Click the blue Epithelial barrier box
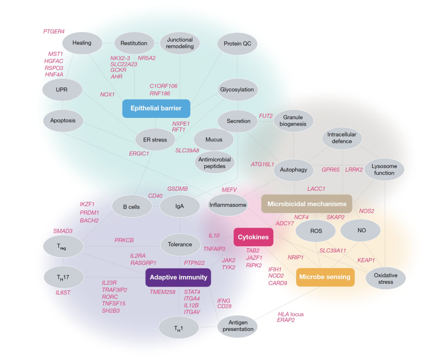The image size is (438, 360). pyautogui.click(x=156, y=108)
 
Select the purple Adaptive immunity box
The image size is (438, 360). pyautogui.click(x=178, y=277)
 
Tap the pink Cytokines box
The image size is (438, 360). pyautogui.click(x=253, y=237)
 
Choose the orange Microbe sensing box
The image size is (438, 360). pyautogui.click(x=325, y=277)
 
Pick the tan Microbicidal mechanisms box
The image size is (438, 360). pyautogui.click(x=306, y=204)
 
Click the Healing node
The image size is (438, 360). pyautogui.click(x=81, y=43)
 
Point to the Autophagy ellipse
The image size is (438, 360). pyautogui.click(x=293, y=170)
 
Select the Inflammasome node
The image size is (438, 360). pyautogui.click(x=228, y=205)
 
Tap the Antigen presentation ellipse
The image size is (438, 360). pyautogui.click(x=238, y=326)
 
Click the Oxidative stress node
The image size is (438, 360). pyautogui.click(x=385, y=278)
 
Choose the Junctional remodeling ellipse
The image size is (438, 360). pyautogui.click(x=180, y=43)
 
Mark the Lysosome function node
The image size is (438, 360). pyautogui.click(x=384, y=170)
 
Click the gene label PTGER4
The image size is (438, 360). pyautogui.click(x=54, y=31)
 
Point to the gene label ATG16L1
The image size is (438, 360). pyautogui.click(x=262, y=164)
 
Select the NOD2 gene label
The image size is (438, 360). pyautogui.click(x=276, y=276)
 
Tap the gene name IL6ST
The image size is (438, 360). pyautogui.click(x=64, y=293)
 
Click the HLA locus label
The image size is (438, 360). pyautogui.click(x=290, y=314)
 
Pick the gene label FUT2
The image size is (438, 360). pyautogui.click(x=266, y=116)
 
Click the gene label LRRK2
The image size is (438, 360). pyautogui.click(x=354, y=169)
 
